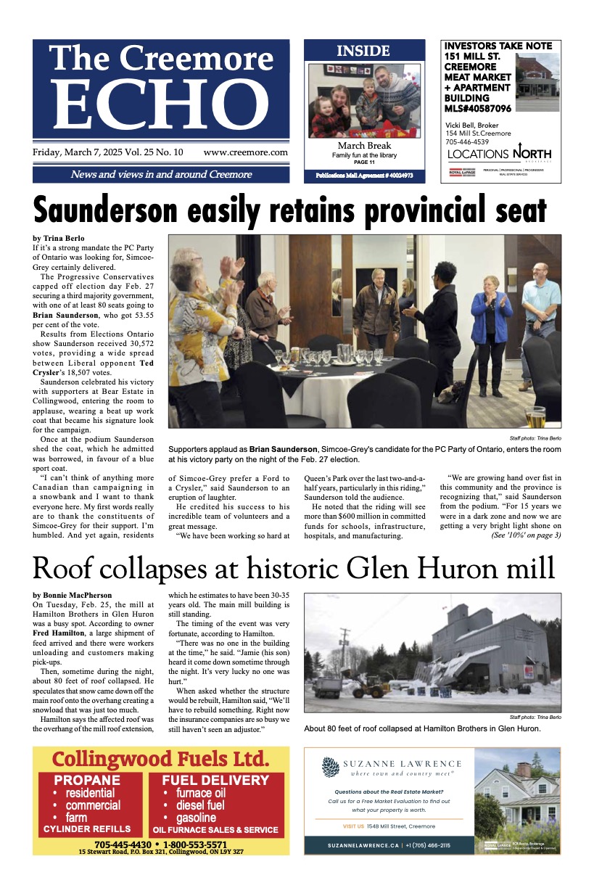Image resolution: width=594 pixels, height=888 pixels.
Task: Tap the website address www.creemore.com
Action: tap(245, 153)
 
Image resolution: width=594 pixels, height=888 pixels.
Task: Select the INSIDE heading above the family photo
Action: tap(363, 52)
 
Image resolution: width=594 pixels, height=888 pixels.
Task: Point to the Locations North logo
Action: tap(499, 154)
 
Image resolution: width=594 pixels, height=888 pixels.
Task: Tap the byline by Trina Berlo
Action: tap(58, 238)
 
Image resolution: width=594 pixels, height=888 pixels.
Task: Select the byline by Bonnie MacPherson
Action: tap(73, 595)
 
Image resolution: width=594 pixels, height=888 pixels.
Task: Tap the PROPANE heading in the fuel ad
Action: tap(87, 781)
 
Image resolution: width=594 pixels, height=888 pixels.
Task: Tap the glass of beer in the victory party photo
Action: tap(535, 417)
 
